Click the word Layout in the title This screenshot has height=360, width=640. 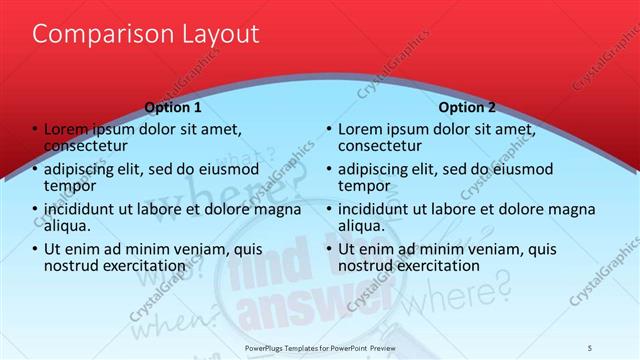click(x=217, y=34)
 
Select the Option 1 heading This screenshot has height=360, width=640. click(x=173, y=107)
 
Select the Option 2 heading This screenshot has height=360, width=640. click(x=466, y=107)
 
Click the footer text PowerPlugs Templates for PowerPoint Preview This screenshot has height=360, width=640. click(x=320, y=347)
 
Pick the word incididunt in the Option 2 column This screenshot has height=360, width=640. click(x=378, y=209)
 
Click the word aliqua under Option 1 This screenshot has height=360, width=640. click(x=67, y=226)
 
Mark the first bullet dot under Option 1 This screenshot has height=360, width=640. click(x=35, y=129)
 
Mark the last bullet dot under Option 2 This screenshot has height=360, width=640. click(x=328, y=249)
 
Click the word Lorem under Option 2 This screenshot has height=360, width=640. click(x=360, y=130)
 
